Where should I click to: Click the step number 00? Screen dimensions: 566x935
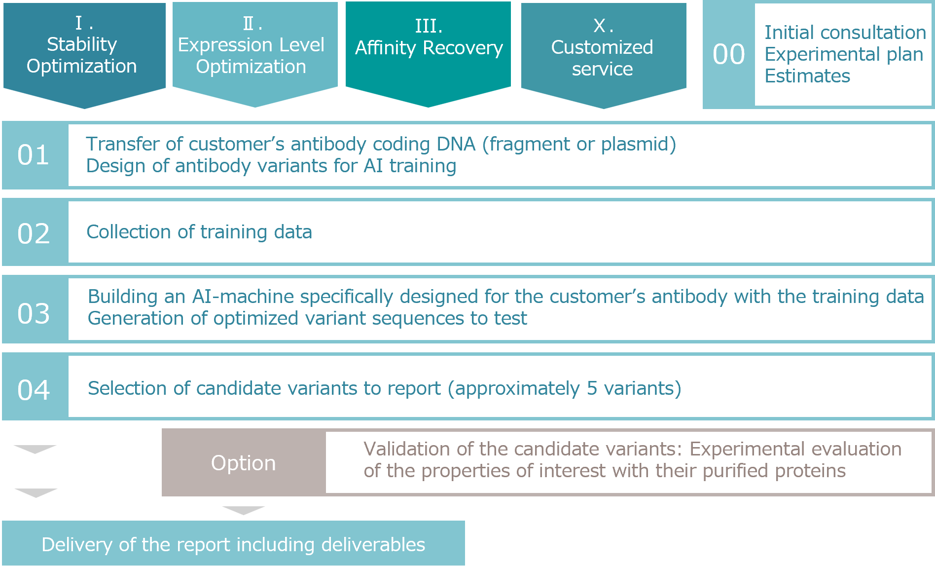(728, 54)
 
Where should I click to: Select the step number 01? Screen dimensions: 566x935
(34, 155)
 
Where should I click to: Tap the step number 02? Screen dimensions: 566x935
(34, 233)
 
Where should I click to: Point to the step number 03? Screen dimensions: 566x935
(34, 313)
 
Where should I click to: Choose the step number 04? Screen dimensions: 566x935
(34, 390)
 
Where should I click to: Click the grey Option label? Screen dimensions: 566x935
(244, 463)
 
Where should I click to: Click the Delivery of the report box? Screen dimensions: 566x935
(233, 544)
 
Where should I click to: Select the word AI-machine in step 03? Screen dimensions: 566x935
(244, 297)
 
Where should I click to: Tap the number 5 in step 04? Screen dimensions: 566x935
(592, 388)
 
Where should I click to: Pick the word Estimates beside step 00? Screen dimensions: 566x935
(807, 76)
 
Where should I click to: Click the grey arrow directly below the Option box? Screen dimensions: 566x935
(244, 510)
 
